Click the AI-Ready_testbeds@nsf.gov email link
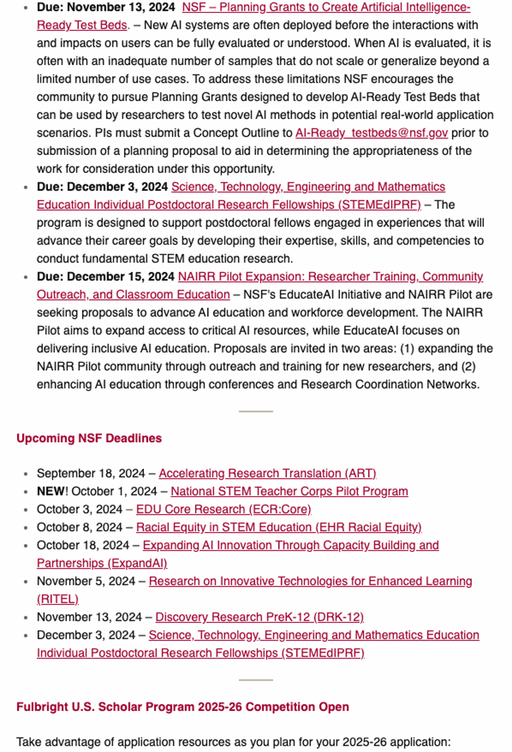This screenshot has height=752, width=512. [x=371, y=133]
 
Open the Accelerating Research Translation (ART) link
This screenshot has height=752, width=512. [x=267, y=473]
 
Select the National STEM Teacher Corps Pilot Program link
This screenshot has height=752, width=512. [x=289, y=491]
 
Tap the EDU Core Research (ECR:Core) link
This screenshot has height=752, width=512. [x=223, y=509]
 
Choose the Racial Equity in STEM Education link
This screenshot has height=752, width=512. [x=278, y=527]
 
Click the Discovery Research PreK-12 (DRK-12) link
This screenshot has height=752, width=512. [x=259, y=617]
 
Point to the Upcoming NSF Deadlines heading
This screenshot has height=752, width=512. [x=89, y=438]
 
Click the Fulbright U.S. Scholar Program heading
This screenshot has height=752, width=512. [x=182, y=707]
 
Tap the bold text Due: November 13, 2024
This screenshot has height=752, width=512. [x=106, y=7]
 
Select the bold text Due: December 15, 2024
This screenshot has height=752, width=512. [x=106, y=277]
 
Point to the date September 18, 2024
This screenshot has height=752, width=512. [x=90, y=473]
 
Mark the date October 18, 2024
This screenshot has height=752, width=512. [x=83, y=545]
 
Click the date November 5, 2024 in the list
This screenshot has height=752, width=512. [x=86, y=581]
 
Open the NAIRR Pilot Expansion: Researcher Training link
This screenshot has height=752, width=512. [x=330, y=277]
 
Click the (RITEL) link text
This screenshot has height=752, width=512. [x=57, y=599]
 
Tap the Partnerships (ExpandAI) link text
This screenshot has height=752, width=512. [x=102, y=563]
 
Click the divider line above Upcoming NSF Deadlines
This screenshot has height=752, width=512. [x=256, y=411]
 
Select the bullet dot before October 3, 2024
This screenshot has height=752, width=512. [x=26, y=510]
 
